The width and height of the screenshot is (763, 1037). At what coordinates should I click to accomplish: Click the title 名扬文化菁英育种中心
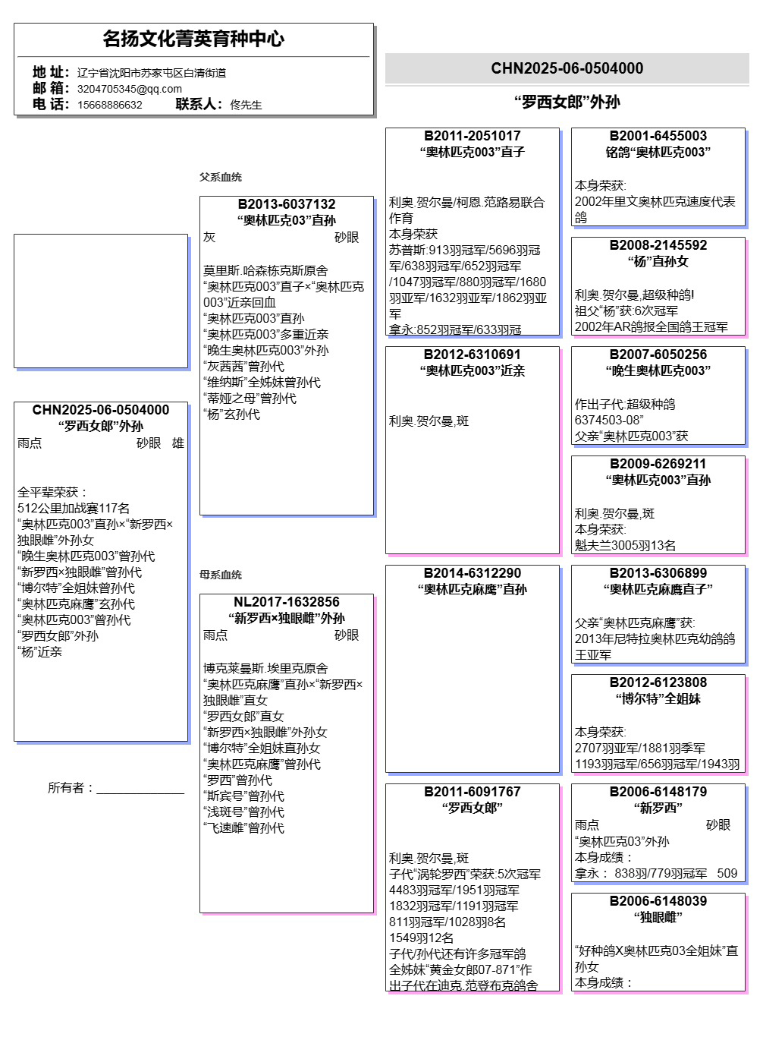[x=193, y=39]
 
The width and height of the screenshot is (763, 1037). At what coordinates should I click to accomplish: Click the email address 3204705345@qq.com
[x=130, y=89]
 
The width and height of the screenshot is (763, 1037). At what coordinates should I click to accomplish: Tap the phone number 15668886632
[x=110, y=105]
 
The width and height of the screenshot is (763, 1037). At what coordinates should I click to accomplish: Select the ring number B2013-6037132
[x=287, y=204]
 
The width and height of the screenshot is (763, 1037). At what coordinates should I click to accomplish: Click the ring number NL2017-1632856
[x=287, y=602]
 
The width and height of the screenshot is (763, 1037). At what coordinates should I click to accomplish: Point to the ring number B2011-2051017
[x=473, y=136]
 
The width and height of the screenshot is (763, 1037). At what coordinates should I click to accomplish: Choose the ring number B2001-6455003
[x=658, y=136]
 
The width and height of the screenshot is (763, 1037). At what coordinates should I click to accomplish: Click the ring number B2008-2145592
[x=658, y=245]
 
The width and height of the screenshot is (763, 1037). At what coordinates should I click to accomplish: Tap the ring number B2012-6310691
[x=473, y=355]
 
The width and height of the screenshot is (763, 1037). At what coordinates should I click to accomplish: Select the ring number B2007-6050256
[x=658, y=355]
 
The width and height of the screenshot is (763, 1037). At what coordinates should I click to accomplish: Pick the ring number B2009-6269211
[x=658, y=464]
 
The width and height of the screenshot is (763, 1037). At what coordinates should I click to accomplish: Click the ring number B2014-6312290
[x=473, y=573]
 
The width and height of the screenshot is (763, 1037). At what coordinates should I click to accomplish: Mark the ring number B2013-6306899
[x=658, y=573]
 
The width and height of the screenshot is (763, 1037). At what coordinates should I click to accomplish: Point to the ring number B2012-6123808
[x=658, y=682]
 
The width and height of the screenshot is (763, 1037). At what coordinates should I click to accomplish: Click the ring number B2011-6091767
[x=473, y=792]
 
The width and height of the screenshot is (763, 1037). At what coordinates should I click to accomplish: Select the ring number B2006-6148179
[x=658, y=792]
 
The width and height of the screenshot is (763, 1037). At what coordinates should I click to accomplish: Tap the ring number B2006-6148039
[x=658, y=901]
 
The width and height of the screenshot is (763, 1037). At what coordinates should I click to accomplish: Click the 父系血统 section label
[x=221, y=177]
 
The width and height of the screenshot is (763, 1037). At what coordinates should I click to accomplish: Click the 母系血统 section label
[x=221, y=575]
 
